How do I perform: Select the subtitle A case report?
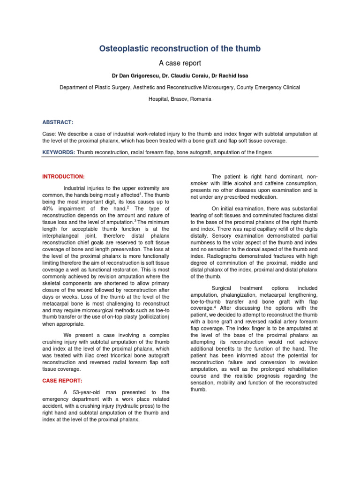point(180,63)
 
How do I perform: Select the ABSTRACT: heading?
point(58,122)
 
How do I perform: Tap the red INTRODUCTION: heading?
point(64,177)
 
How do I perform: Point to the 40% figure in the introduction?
point(49,208)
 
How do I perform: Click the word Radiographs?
point(206,256)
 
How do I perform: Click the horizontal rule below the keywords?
point(180,157)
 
